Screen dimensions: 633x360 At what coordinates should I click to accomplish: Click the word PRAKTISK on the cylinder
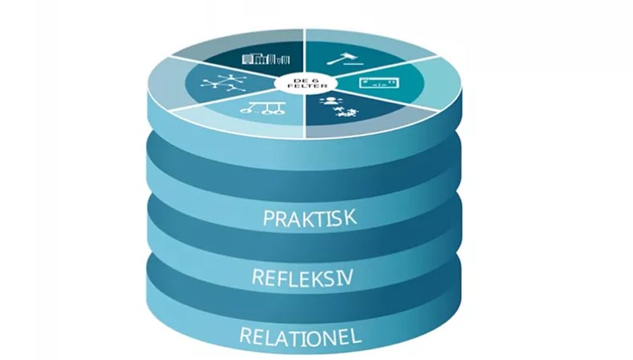coord(310,217)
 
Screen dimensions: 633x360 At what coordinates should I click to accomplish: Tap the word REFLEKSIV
coord(302,278)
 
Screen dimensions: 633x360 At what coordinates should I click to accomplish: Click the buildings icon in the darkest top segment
coord(265,59)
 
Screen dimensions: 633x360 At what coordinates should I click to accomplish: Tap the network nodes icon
coord(221,83)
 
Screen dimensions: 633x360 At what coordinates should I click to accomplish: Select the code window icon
coord(379,83)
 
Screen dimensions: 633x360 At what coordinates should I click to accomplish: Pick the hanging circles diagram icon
coord(263,108)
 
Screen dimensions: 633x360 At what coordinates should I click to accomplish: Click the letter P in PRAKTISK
coord(269,218)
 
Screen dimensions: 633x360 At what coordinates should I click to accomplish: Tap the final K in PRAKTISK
coord(351,217)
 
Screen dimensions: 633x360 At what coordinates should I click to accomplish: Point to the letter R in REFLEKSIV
coord(259,277)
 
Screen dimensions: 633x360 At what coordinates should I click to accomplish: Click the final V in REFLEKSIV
coord(347,278)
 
